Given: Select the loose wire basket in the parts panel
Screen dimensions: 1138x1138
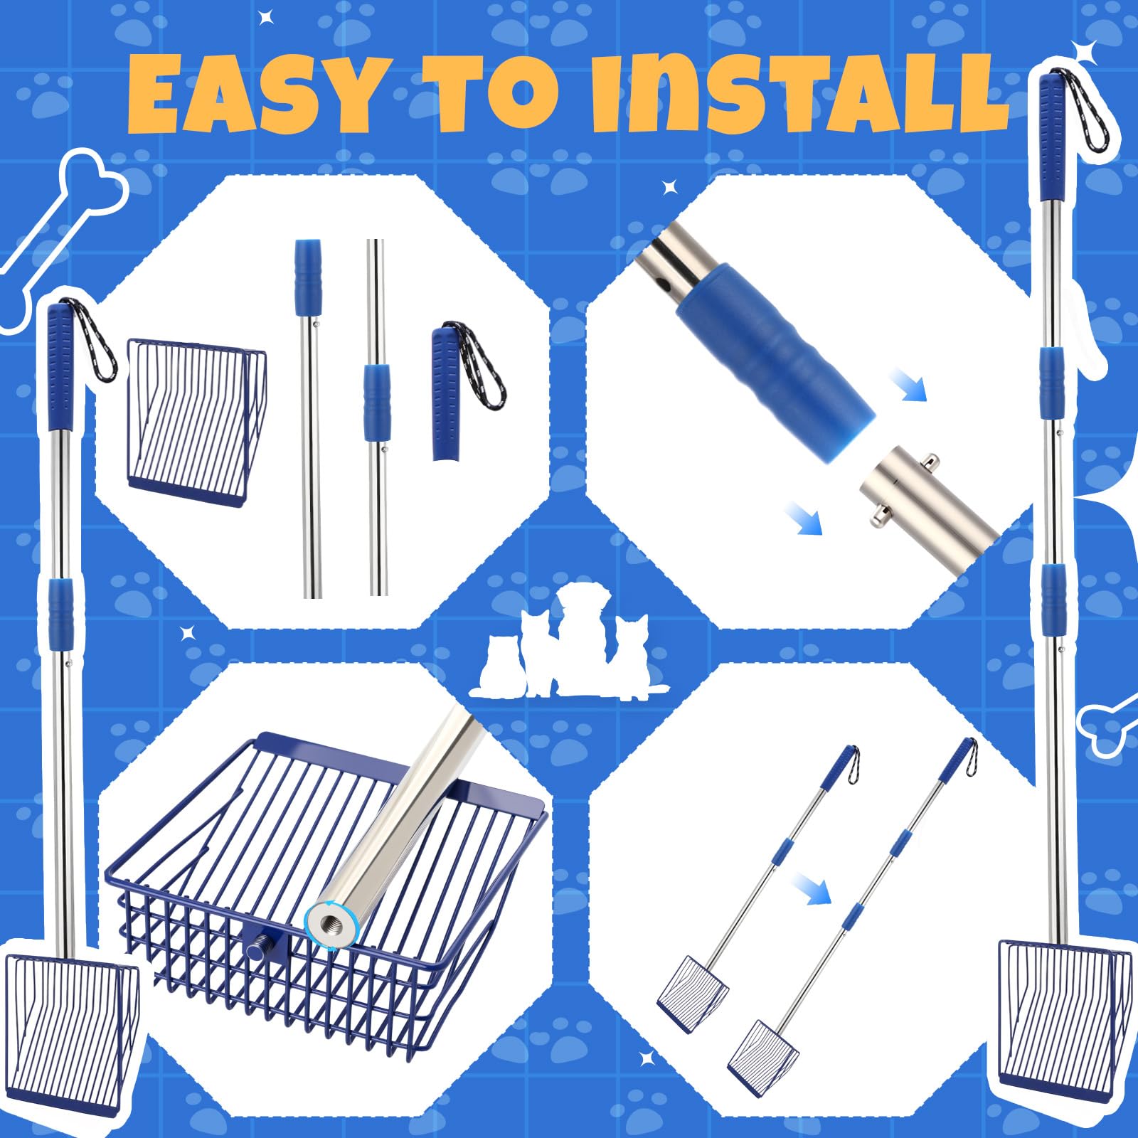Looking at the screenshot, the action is (x=196, y=422).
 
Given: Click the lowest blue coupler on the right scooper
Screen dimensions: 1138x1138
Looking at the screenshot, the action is (x=1051, y=593).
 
